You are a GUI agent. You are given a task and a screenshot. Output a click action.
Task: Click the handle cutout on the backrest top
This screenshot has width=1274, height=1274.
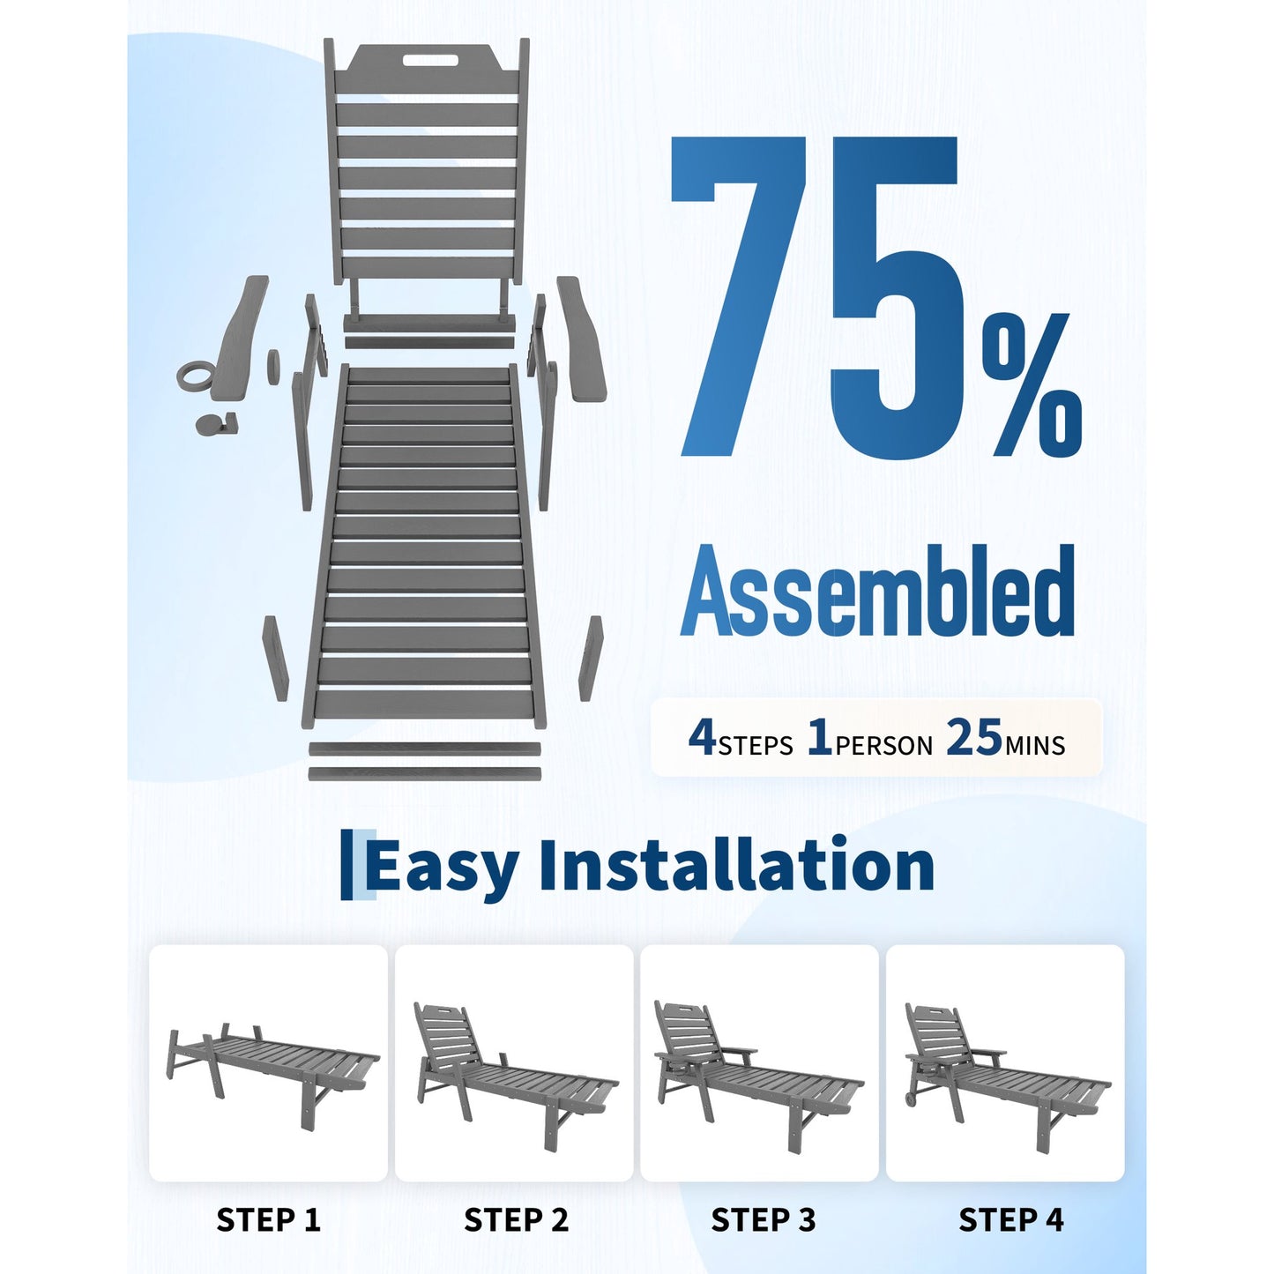tap(429, 61)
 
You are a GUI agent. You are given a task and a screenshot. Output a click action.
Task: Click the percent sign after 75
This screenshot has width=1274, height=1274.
tap(1032, 384)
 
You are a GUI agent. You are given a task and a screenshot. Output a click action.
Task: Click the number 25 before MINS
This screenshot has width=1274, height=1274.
tap(974, 737)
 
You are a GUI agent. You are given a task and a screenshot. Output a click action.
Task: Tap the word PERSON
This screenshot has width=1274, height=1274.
tap(884, 745)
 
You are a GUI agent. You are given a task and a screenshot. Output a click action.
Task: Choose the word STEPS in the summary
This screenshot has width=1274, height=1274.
tap(756, 745)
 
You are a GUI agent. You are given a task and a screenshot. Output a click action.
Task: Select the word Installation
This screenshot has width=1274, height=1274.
tap(736, 863)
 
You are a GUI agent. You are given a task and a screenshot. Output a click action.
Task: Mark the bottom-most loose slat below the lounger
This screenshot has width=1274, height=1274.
tap(424, 774)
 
